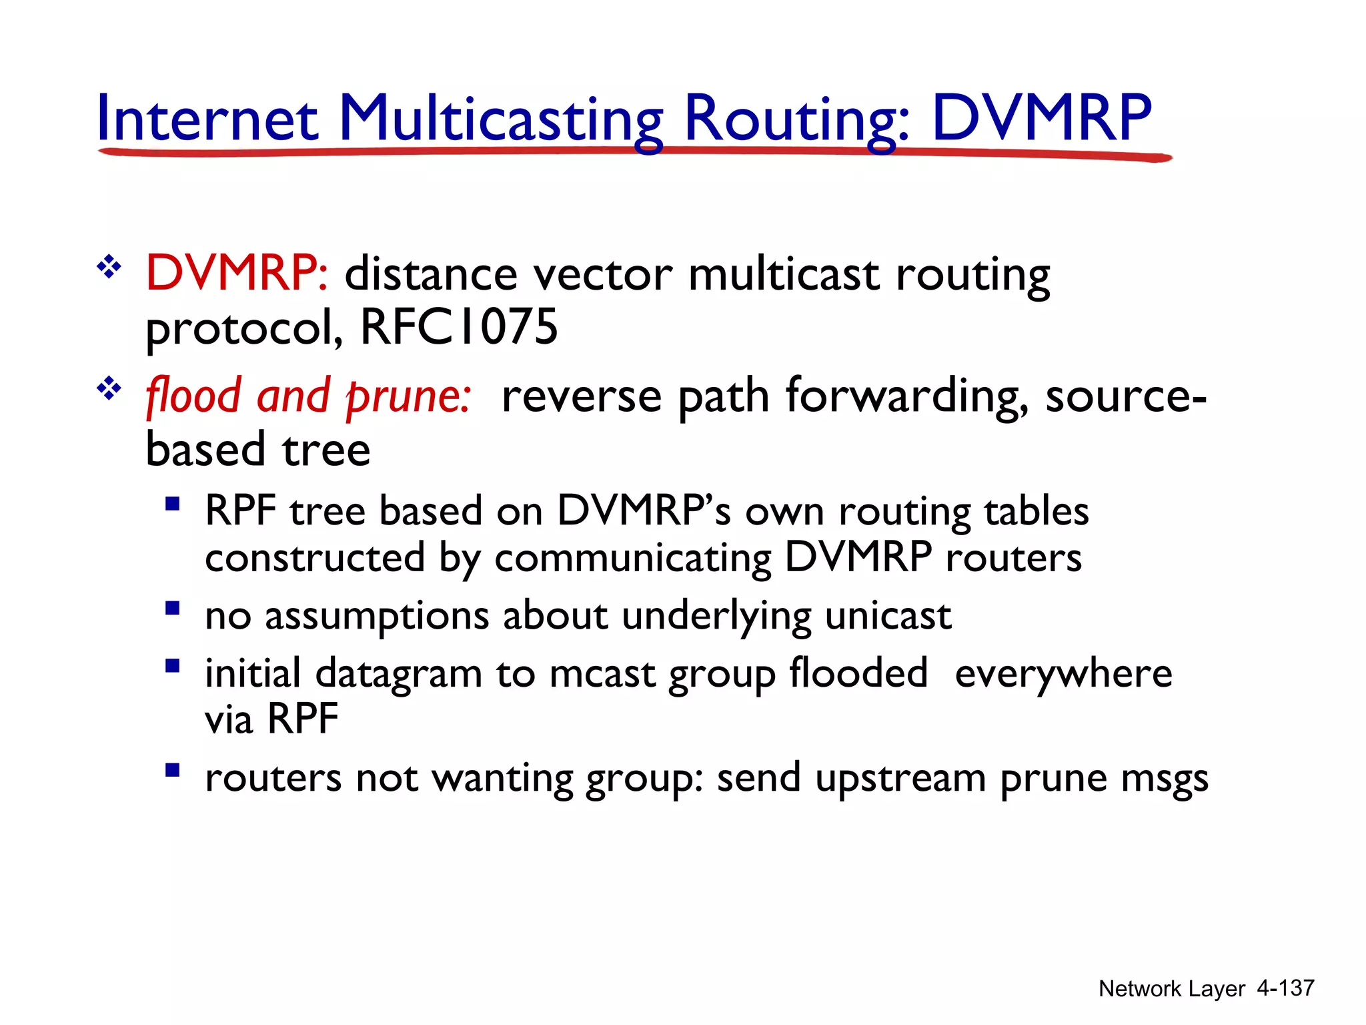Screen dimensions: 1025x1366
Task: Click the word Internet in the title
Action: pos(207,119)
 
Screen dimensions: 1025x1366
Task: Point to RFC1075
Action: pos(458,327)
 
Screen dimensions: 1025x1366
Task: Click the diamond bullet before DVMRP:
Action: pos(109,268)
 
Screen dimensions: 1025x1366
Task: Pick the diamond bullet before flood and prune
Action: pos(109,388)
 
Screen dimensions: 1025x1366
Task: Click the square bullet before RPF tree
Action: pos(173,504)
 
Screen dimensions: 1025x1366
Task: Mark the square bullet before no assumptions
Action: pos(173,608)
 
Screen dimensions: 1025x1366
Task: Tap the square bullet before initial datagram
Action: pos(173,665)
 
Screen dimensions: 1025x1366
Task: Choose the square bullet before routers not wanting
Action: pos(173,771)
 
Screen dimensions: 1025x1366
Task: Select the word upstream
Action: pos(900,779)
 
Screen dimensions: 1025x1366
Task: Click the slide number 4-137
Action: pos(1285,988)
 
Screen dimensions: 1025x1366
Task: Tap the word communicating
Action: pos(633,559)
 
